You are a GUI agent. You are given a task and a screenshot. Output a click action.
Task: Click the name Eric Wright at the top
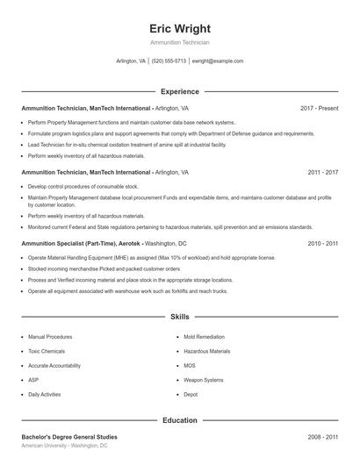pos(179,28)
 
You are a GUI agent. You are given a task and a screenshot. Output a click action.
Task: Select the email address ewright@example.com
pos(217,61)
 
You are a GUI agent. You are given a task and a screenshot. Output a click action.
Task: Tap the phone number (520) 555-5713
pos(169,61)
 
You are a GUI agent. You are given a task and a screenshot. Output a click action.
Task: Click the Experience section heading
pos(179,91)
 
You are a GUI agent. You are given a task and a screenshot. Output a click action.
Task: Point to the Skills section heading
pos(179,316)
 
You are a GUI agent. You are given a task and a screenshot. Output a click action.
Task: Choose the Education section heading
pos(179,420)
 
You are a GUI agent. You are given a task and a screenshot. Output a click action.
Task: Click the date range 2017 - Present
pos(319,109)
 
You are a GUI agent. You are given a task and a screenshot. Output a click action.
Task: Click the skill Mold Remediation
pos(203,337)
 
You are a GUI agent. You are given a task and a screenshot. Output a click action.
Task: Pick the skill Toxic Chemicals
pos(46,351)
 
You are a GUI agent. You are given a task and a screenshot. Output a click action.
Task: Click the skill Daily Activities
pos(45,395)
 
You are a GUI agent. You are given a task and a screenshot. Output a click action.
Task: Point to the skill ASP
pos(33,380)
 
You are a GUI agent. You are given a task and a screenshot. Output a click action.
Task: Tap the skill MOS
pos(190,366)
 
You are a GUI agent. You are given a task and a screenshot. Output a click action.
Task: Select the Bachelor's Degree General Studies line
pos(69,436)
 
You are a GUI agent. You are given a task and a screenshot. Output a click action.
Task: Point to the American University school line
pos(64,446)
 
